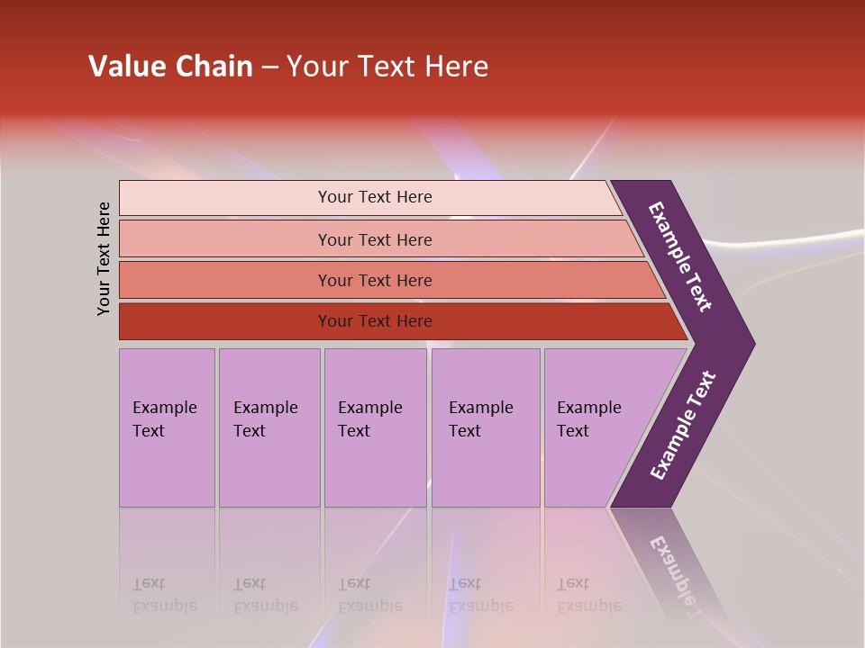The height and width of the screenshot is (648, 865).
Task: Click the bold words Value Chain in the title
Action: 170,67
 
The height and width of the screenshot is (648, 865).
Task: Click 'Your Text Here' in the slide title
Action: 387,67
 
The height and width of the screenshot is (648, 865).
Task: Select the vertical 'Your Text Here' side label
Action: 104,258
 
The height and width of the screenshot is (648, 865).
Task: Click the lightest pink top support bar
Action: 225,198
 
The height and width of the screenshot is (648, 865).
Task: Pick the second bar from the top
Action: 225,239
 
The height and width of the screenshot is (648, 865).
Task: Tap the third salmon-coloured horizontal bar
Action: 225,280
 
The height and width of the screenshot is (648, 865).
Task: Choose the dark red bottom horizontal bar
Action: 225,321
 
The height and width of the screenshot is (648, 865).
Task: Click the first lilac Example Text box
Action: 167,427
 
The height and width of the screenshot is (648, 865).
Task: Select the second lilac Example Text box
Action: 269,427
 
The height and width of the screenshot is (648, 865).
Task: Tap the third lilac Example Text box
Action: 375,427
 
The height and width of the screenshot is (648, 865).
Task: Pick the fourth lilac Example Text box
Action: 486,427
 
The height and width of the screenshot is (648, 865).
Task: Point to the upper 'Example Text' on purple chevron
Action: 681,256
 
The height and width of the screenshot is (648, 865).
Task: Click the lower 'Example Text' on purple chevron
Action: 683,426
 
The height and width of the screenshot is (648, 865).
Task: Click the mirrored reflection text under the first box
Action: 164,595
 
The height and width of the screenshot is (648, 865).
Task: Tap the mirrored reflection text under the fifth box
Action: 588,595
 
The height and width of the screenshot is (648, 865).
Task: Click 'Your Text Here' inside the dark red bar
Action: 375,321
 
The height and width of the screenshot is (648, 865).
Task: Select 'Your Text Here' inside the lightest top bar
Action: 375,197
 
